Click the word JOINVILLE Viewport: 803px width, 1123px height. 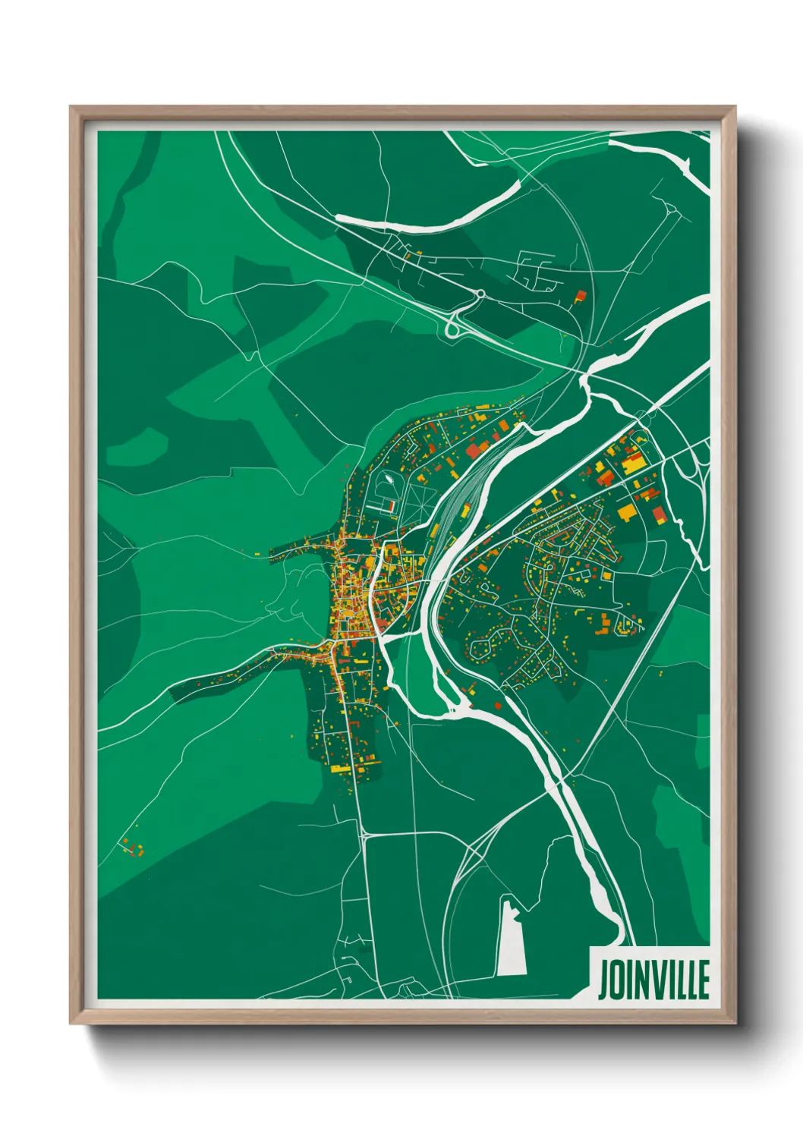pyautogui.click(x=653, y=980)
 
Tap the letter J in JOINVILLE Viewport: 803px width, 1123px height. pyautogui.click(x=603, y=980)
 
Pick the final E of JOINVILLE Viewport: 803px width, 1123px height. pyautogui.click(x=704, y=980)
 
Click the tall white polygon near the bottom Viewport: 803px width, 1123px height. pyautogui.click(x=512, y=936)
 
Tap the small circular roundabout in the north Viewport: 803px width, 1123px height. pyautogui.click(x=480, y=294)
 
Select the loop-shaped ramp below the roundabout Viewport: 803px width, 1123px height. pyautogui.click(x=453, y=327)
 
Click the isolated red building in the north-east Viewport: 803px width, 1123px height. pyautogui.click(x=582, y=295)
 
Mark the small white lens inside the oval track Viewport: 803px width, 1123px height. pyautogui.click(x=389, y=479)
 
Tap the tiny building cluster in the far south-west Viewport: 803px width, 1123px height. pyautogui.click(x=133, y=848)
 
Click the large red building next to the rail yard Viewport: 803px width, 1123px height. pyautogui.click(x=474, y=451)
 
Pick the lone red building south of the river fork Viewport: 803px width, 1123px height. pyautogui.click(x=498, y=705)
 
